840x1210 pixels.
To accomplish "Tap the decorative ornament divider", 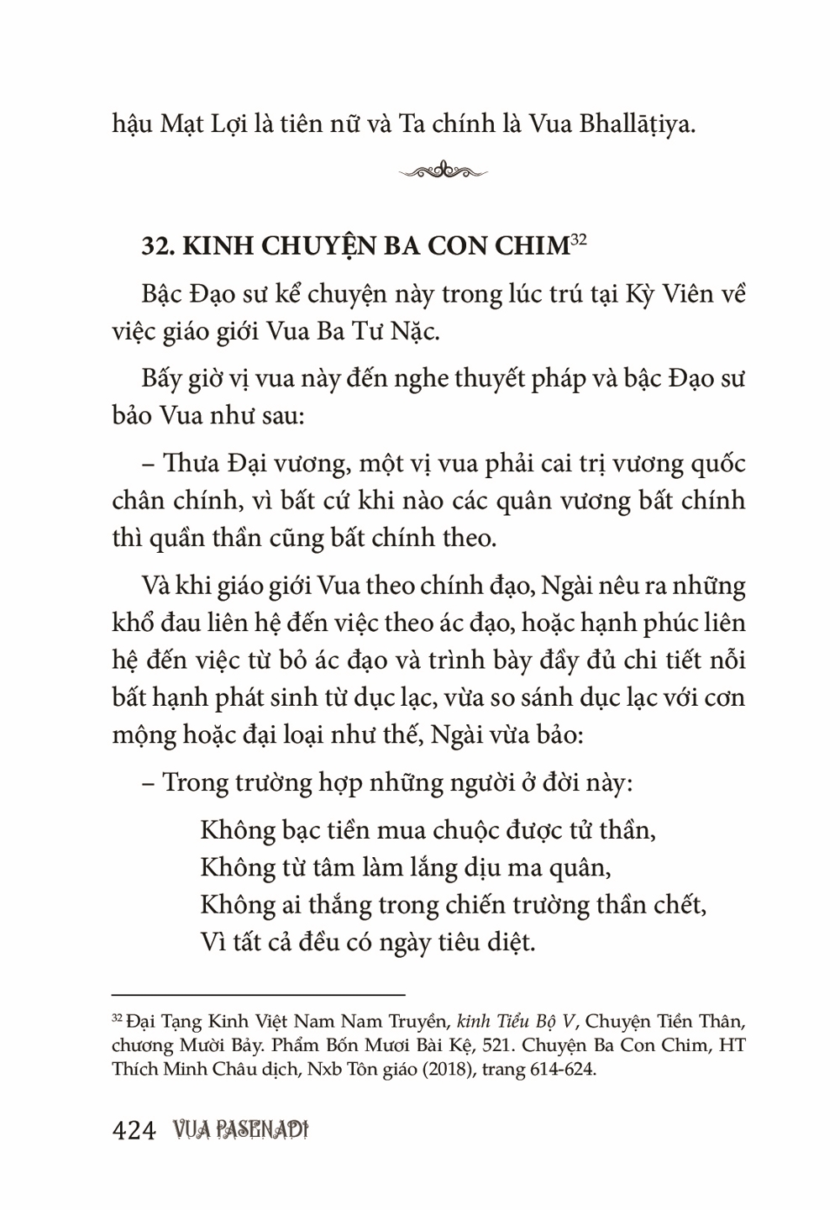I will pyautogui.click(x=443, y=171).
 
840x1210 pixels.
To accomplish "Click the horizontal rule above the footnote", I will pyautogui.click(x=258, y=994).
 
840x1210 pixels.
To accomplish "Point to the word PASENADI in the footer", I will pyautogui.click(x=257, y=1131).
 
